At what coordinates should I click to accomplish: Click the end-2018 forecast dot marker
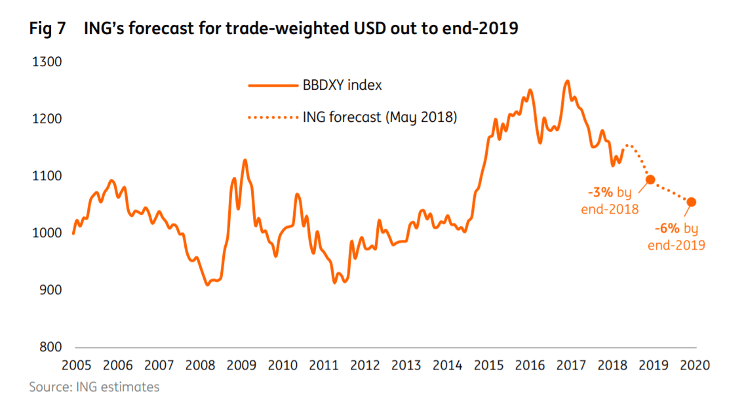[x=650, y=180]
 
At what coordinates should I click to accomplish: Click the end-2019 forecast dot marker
[x=691, y=202]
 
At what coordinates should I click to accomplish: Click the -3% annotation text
[x=600, y=193]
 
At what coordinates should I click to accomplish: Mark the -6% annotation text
[x=668, y=229]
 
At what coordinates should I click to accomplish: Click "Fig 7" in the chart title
[x=48, y=29]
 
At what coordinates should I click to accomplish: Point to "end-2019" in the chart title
[x=486, y=29]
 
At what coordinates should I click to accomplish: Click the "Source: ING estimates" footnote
[x=94, y=387]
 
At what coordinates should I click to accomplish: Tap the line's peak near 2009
[x=245, y=160]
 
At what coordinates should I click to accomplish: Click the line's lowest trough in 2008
[x=208, y=284]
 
